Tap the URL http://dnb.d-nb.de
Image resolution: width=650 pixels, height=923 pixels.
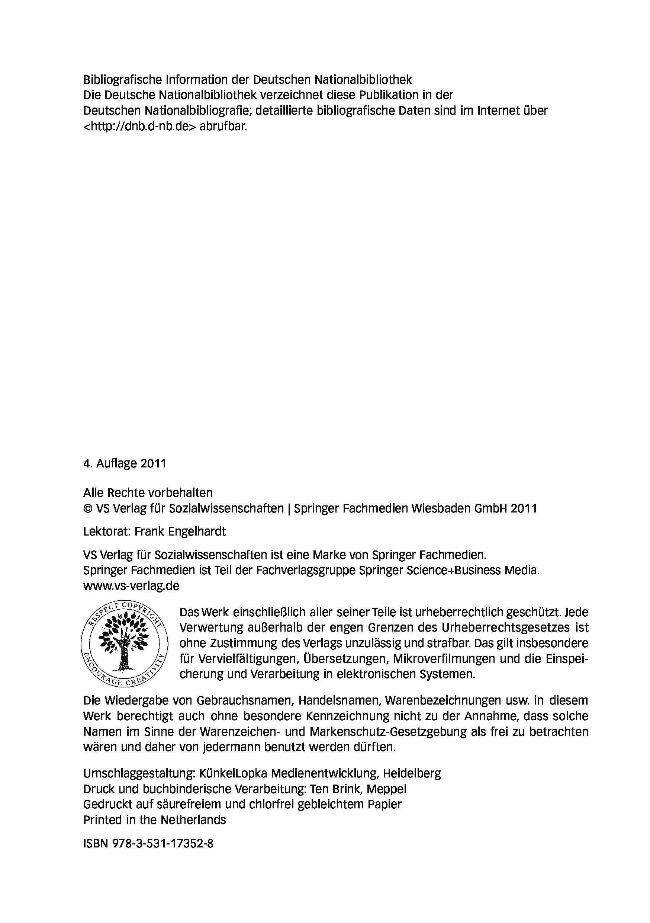coord(140,126)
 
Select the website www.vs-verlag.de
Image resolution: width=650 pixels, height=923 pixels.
coord(131,586)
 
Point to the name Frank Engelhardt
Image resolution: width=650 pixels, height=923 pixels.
coord(180,531)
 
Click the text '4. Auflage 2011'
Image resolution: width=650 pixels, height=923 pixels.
coord(125,463)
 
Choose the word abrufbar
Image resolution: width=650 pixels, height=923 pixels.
coord(223,126)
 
